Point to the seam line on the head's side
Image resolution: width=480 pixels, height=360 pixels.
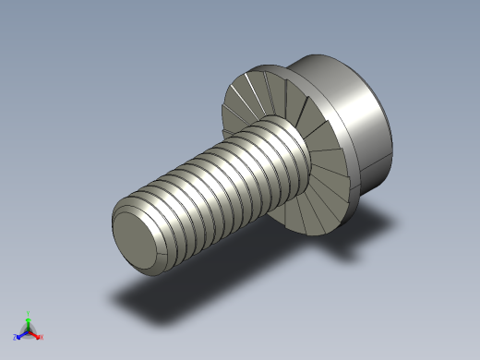coord(374,171)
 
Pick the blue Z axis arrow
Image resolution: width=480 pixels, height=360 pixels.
coord(20,335)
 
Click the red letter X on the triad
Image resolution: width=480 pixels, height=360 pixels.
coord(42,338)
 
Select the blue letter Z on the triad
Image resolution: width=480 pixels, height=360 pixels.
coord(15,338)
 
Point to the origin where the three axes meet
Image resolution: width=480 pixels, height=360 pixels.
coord(29,330)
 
